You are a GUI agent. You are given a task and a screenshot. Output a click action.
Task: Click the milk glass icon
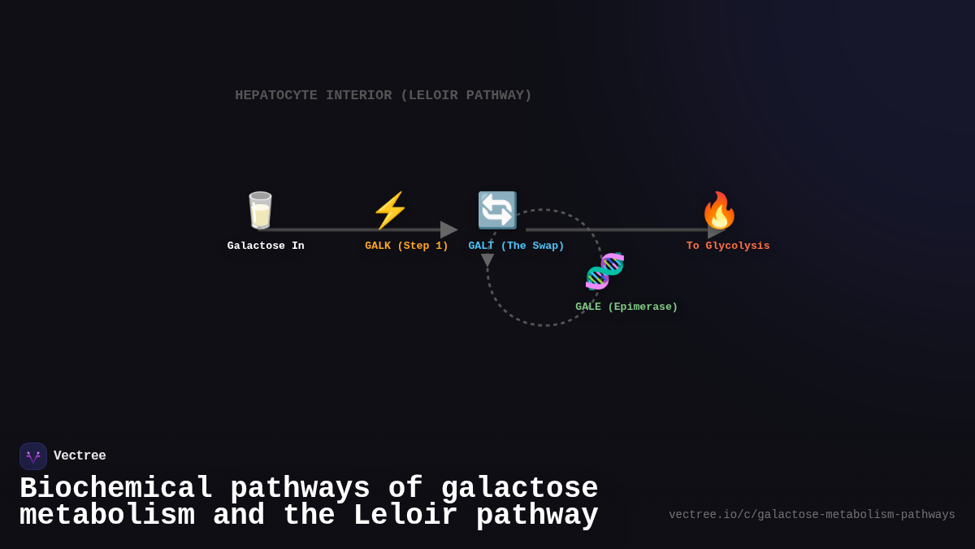tap(260, 211)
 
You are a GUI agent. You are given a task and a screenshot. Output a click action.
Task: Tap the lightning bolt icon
tap(390, 211)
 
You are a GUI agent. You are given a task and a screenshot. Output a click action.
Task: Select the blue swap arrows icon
tap(496, 211)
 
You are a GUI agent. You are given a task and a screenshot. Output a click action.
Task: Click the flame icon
tap(719, 211)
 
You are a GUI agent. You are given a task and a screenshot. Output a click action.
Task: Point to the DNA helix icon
tap(604, 271)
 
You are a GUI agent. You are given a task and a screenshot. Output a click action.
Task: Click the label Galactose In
tap(266, 246)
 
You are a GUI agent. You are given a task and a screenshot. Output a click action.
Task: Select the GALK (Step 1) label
tap(406, 246)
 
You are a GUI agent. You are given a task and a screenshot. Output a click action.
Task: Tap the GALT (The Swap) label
tap(516, 246)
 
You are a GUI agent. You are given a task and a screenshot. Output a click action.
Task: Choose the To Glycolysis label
tap(728, 246)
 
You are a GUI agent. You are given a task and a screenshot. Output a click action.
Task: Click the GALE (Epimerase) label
tap(626, 307)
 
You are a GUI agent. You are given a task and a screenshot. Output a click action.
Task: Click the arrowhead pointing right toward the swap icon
tap(448, 229)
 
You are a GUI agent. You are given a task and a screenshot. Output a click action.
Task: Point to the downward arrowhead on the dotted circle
tap(487, 260)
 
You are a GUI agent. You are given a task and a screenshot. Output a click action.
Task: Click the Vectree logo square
tap(33, 456)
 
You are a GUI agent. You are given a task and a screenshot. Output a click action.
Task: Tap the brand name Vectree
tap(80, 456)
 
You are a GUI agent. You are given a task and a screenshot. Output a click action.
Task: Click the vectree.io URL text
tap(812, 515)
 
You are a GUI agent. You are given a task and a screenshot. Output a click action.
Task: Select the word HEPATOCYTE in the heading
tap(276, 95)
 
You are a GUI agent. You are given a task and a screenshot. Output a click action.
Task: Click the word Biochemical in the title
tap(115, 489)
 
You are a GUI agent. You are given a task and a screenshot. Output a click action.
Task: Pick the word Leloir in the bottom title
tap(405, 516)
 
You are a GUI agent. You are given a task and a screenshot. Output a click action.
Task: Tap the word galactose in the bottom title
tap(519, 489)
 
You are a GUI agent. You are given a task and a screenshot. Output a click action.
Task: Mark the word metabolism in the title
tap(106, 516)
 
